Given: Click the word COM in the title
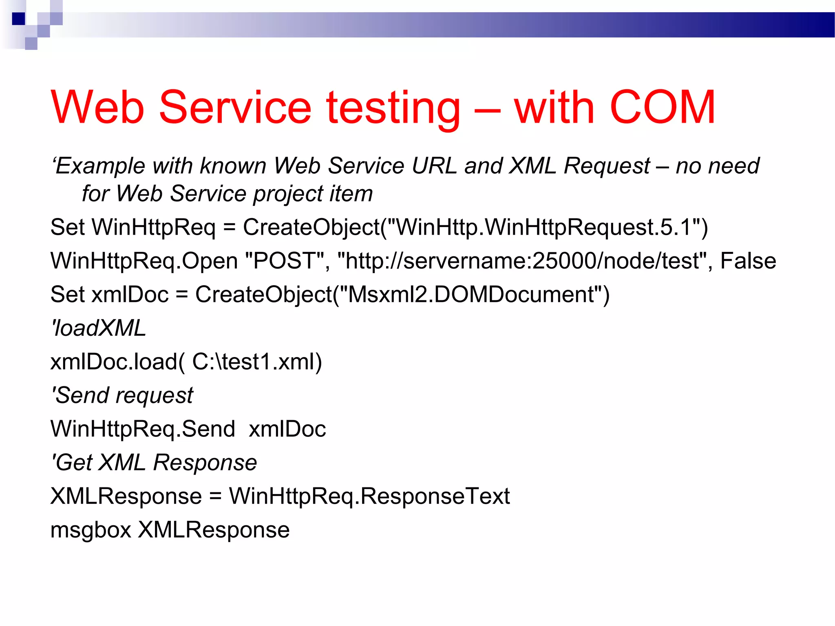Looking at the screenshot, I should tap(662, 107).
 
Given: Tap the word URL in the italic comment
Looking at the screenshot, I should tap(434, 166).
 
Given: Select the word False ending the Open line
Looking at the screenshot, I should tap(748, 261).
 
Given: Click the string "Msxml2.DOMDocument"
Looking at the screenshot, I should tap(471, 294).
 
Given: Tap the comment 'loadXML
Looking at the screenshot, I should tap(98, 328).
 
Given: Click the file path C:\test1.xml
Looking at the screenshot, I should tap(253, 361).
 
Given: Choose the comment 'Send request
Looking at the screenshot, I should tap(122, 395).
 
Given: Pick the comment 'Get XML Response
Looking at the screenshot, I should tap(154, 463).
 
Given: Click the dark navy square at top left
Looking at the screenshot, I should tap(18, 19).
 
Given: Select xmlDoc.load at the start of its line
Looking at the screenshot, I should tap(114, 361).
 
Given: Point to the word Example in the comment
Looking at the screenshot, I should tap(100, 166).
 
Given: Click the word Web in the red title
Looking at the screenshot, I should tap(98, 107).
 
